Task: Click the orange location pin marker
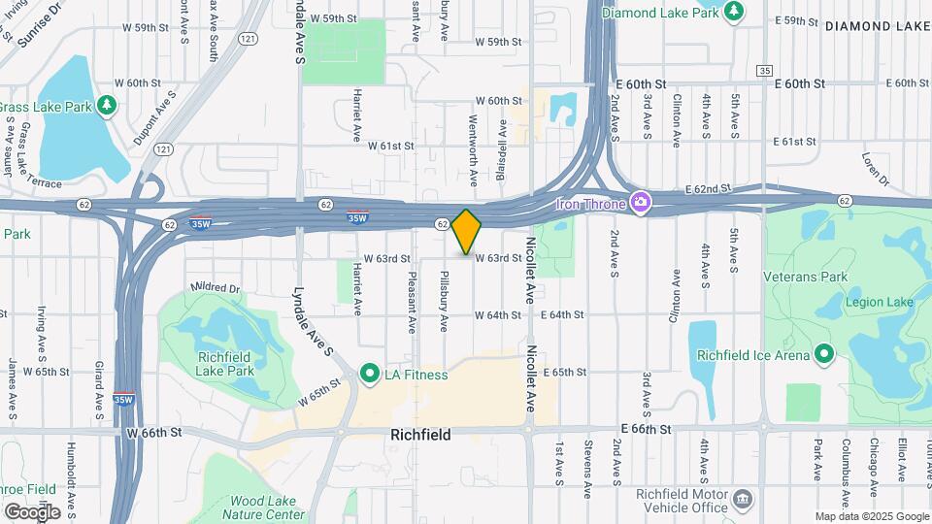(467, 231)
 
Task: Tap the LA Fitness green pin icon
(369, 374)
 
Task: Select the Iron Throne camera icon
(640, 202)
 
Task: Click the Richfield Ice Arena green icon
(823, 353)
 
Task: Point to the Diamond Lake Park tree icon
(735, 12)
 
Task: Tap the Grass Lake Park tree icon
(107, 104)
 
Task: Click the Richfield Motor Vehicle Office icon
(743, 499)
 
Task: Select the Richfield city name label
(419, 436)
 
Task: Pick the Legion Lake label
(879, 302)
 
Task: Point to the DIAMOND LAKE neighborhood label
(878, 27)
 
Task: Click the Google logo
(32, 511)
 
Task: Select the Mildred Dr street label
(215, 288)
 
